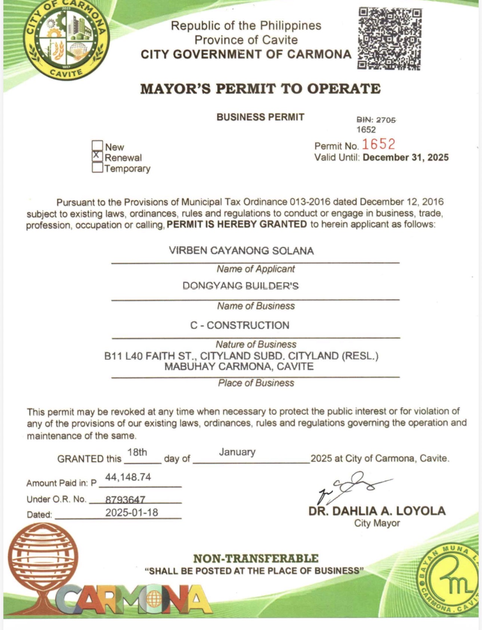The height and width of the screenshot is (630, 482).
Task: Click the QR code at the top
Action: pos(389,39)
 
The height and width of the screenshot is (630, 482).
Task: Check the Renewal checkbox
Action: pos(97,156)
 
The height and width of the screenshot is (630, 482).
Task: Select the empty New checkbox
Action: pos(97,145)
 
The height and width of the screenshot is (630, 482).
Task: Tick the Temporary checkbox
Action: pos(97,167)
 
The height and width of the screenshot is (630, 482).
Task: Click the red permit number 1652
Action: pos(378,144)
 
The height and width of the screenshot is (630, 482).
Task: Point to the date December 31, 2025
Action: pos(405,157)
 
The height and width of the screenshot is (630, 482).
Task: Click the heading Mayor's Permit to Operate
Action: pos(260,89)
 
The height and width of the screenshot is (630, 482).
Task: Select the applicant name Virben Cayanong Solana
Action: pos(241,251)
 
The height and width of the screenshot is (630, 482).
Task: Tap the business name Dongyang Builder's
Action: pos(241,286)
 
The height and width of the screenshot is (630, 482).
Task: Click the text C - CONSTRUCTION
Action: pos(240,325)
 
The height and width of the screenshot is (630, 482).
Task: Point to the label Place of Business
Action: pos(256,383)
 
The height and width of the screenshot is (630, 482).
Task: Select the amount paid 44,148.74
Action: pos(128,477)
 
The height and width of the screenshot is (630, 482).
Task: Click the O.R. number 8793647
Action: pos(125,499)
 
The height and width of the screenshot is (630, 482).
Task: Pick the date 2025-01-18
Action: pos(132,512)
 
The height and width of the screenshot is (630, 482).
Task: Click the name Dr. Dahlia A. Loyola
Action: pos(377,511)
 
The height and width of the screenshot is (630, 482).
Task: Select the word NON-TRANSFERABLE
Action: pos(256,559)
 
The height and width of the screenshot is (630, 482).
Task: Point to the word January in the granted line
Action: pos(237,452)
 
